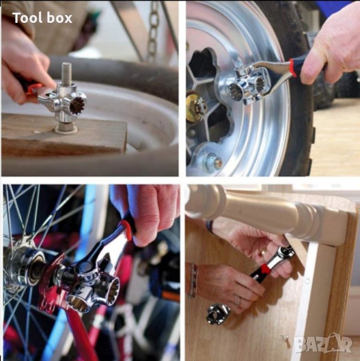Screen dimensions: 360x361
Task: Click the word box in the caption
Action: click(x=60, y=17)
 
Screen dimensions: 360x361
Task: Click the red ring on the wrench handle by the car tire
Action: click(x=294, y=67)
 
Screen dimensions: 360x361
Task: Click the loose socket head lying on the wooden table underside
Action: click(x=218, y=313)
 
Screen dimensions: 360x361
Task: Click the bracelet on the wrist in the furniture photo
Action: click(x=193, y=280)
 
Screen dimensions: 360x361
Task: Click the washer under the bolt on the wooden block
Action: click(x=66, y=129)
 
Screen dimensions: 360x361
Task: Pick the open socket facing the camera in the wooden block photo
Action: click(x=77, y=104)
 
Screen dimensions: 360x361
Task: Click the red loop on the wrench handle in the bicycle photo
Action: click(x=126, y=230)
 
